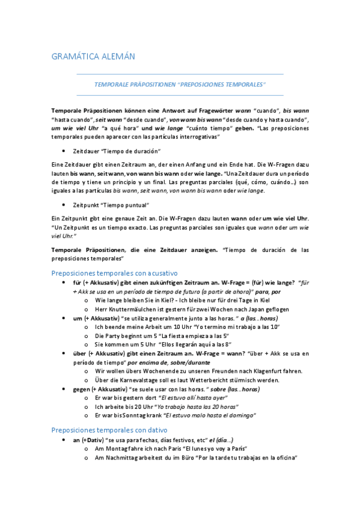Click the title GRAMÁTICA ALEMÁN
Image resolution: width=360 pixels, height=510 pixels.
pos(93,57)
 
